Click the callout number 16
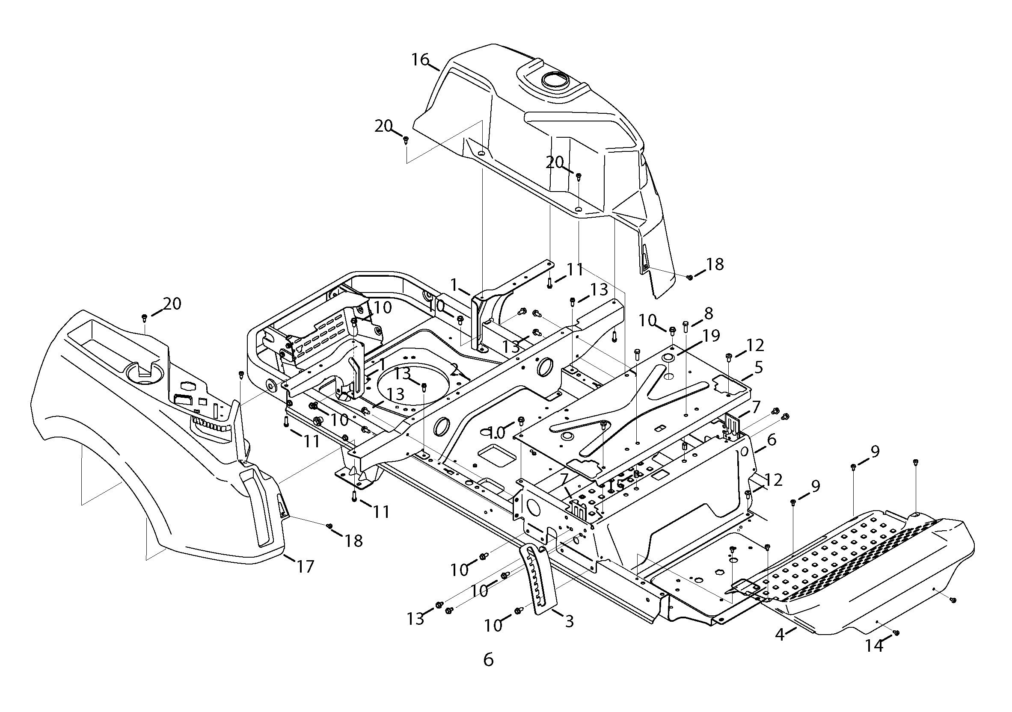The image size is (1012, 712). [x=420, y=59]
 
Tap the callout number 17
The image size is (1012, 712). [x=305, y=566]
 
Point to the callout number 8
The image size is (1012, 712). [x=708, y=314]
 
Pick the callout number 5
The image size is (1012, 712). [x=759, y=367]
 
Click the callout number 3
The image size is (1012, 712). [x=569, y=622]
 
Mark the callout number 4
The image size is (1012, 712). [x=780, y=635]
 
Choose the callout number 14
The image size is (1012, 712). [x=874, y=646]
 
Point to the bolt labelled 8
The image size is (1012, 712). [x=686, y=326]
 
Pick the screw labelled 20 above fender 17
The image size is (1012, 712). [x=144, y=317]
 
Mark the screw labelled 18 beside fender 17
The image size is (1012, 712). [x=329, y=526]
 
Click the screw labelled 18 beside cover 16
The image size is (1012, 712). [x=690, y=277]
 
